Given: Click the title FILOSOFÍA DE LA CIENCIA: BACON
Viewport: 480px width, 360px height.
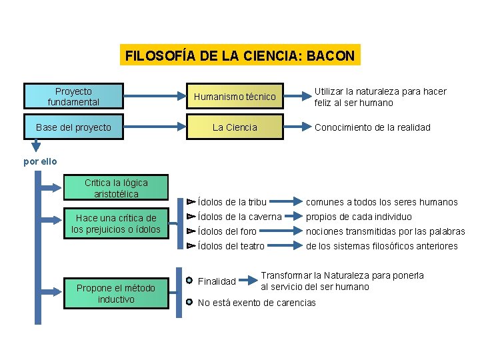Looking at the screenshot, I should (x=240, y=55).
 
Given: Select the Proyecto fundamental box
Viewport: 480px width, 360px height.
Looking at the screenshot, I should (x=73, y=97).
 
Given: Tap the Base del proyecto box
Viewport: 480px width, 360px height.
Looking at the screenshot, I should (x=73, y=127).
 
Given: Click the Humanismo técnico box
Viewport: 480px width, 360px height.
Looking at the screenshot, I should (x=234, y=97).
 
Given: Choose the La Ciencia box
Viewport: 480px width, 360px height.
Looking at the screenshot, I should (x=234, y=127).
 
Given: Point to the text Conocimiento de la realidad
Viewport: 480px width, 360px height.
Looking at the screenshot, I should (x=373, y=127).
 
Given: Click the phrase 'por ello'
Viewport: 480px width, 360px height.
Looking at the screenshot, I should (x=40, y=161).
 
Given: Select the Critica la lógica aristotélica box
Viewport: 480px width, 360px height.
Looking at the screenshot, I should (x=116, y=188).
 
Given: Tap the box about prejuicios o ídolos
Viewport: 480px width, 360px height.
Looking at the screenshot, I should (x=116, y=224).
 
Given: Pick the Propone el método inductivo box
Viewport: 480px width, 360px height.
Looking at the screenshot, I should (x=116, y=294).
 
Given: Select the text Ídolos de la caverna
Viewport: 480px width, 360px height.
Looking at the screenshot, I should (x=239, y=217).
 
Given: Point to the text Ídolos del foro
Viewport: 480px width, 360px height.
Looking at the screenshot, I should (x=227, y=231).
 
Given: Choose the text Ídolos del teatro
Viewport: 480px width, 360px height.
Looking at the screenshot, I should (x=231, y=246).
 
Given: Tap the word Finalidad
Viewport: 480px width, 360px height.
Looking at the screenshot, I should (x=217, y=281).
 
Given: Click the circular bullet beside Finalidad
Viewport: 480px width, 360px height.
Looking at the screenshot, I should (x=190, y=281).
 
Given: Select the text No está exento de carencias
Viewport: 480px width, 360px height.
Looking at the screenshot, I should (x=257, y=303).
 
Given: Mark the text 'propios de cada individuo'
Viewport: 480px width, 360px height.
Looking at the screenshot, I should (x=359, y=217).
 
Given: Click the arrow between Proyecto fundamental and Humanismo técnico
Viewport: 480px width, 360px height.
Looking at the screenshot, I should (x=153, y=97).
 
